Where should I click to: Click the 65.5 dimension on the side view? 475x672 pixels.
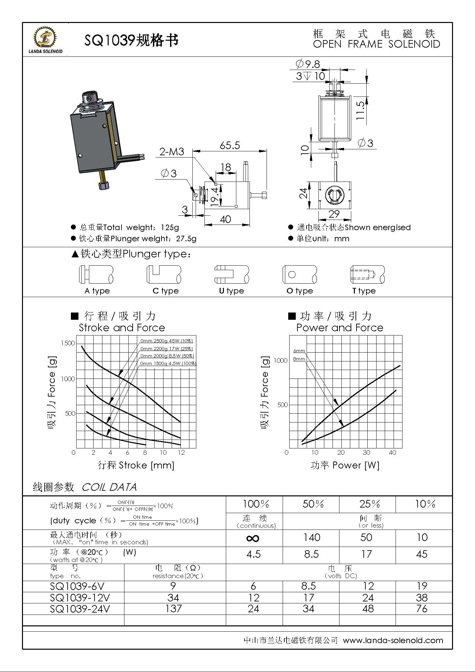(x=230, y=145)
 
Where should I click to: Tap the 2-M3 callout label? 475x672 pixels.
(x=172, y=152)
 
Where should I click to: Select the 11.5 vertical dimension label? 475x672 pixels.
(x=360, y=110)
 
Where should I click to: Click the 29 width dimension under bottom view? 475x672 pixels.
(x=334, y=214)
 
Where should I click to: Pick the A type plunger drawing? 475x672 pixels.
(x=96, y=274)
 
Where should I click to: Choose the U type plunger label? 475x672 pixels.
(x=231, y=291)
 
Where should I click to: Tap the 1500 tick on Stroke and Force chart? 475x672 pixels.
(x=68, y=343)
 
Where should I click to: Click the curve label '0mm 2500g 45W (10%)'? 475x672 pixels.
(x=166, y=341)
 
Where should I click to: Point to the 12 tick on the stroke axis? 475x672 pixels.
(x=181, y=452)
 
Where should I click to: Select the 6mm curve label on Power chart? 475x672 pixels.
(x=299, y=351)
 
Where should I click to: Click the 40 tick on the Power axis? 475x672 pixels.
(x=392, y=452)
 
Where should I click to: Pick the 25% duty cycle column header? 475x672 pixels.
(x=369, y=504)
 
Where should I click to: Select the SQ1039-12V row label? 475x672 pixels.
(x=80, y=597)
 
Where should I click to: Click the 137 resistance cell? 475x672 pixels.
(x=173, y=609)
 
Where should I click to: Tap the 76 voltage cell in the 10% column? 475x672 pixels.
(x=421, y=609)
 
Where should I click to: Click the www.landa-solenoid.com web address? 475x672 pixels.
(x=393, y=640)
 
